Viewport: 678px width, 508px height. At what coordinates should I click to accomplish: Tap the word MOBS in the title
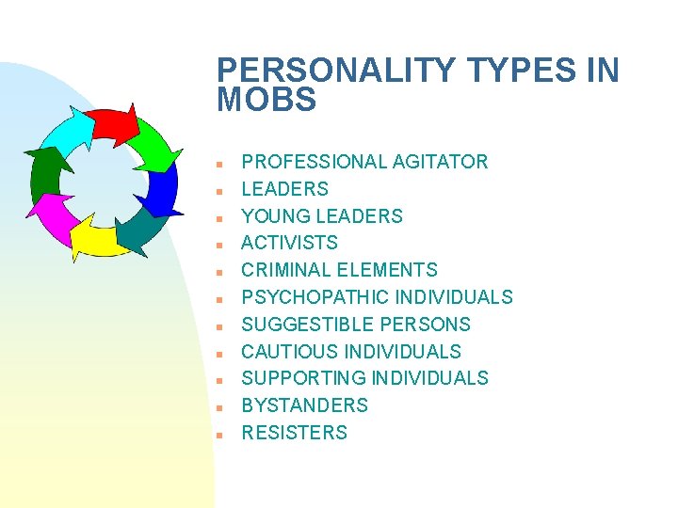266,101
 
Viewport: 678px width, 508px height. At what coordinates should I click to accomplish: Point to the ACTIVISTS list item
289,243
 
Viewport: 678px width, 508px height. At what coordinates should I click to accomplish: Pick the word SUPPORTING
304,378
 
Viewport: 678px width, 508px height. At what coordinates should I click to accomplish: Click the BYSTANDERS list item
305,405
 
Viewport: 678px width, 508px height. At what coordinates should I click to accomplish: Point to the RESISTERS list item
295,433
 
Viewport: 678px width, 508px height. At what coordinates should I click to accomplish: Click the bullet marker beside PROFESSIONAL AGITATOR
218,163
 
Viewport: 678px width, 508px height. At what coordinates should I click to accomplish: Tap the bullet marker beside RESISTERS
218,434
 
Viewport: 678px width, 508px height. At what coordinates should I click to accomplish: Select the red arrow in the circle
113,122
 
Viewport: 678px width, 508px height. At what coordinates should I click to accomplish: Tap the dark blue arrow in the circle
162,188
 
